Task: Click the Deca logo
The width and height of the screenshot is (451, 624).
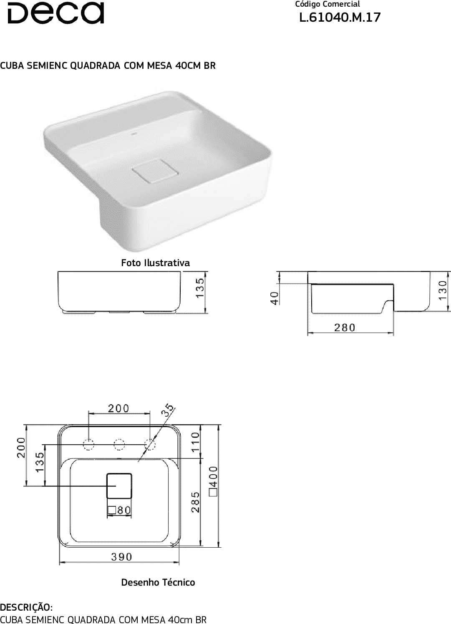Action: [x=55, y=13]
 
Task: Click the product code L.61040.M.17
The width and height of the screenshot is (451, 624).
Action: [x=340, y=18]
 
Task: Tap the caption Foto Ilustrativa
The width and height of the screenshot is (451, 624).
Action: [x=156, y=263]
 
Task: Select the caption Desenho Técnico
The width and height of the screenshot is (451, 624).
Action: [x=158, y=582]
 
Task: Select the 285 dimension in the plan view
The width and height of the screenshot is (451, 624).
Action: [x=196, y=502]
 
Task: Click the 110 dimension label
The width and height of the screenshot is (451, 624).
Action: [x=196, y=442]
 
